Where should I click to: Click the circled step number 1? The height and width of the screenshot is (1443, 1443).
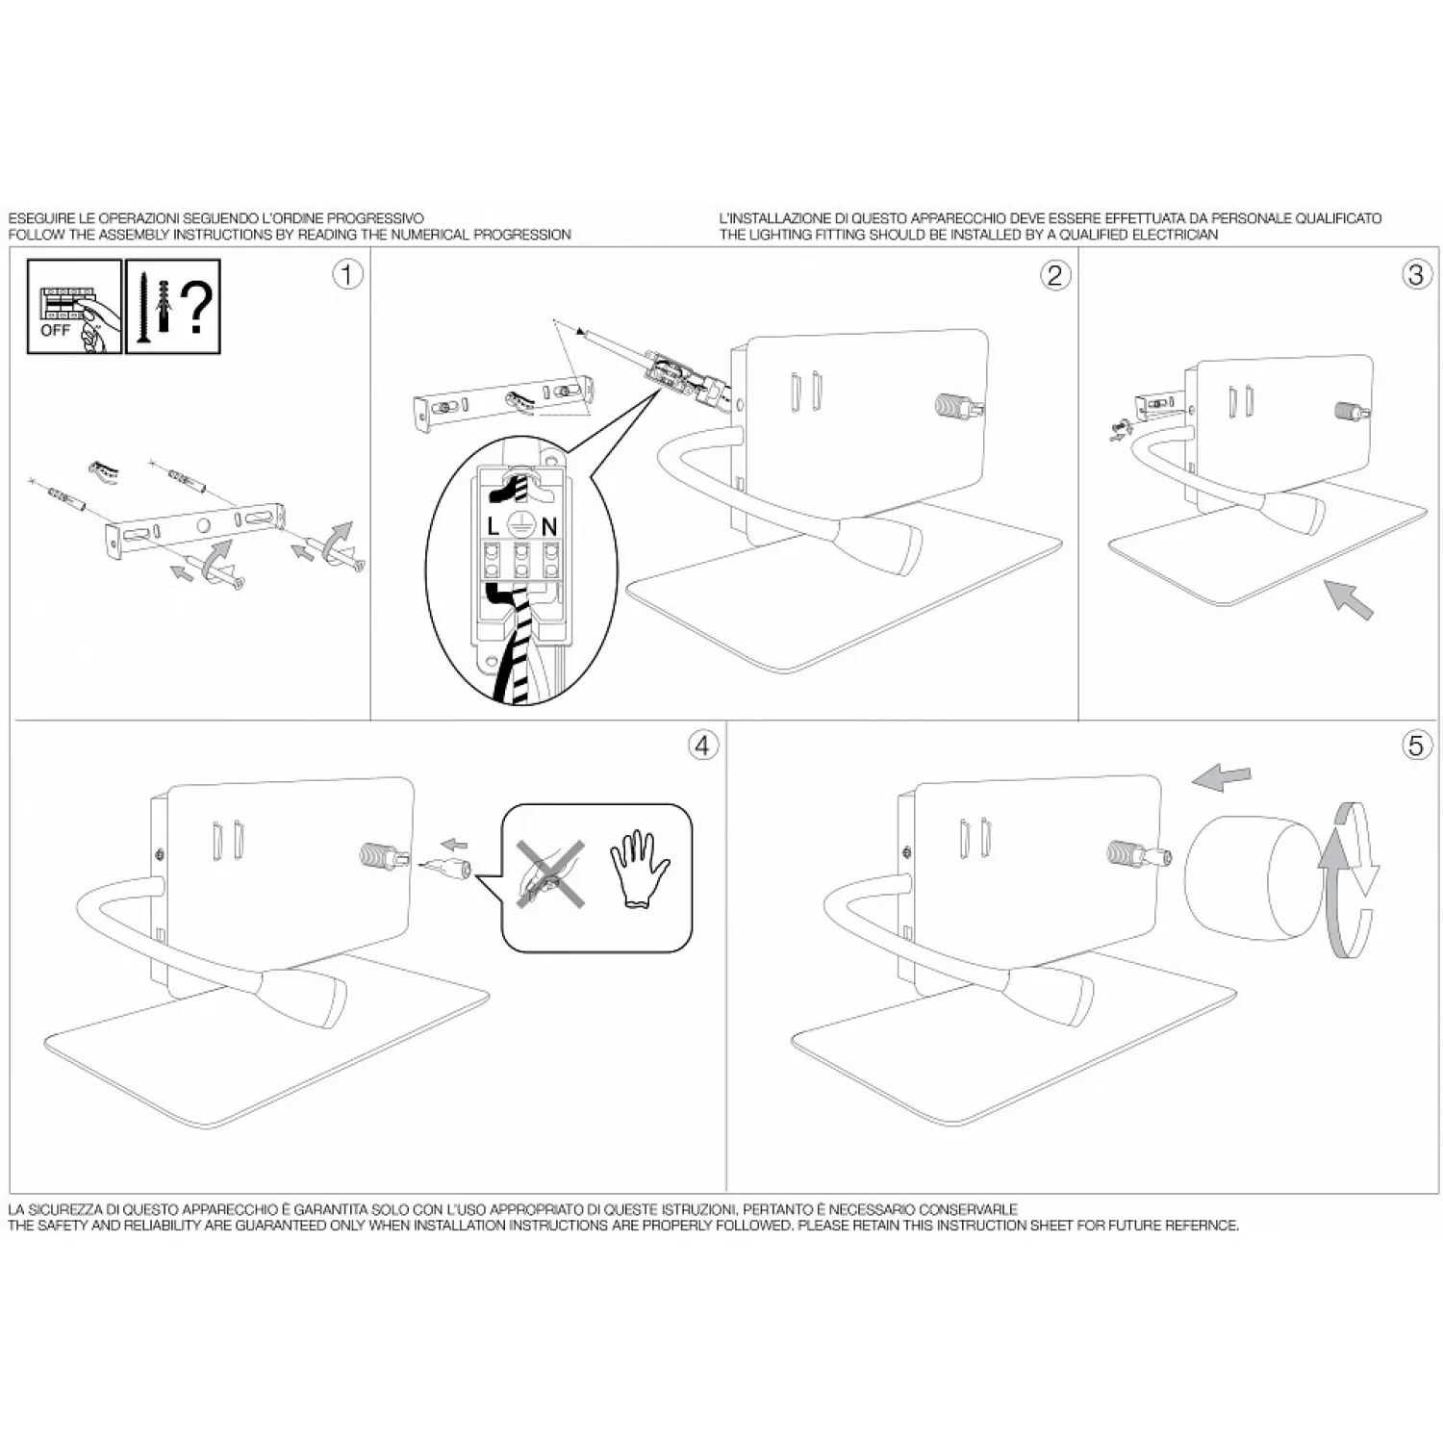[347, 275]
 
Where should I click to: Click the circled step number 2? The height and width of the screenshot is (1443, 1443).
[1055, 275]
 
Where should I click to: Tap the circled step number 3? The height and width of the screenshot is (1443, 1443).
[1415, 275]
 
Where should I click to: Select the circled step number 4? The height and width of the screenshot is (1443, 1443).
[703, 746]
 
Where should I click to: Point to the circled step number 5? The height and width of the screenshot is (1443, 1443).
[1416, 746]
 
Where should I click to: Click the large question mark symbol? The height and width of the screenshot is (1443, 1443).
[197, 303]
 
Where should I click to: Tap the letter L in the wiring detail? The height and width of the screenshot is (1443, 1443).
[494, 526]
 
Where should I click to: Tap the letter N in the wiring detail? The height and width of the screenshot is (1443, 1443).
[549, 526]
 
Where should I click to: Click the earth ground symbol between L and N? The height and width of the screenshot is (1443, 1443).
[520, 525]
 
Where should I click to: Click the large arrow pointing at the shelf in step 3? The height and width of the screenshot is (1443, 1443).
[1350, 598]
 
